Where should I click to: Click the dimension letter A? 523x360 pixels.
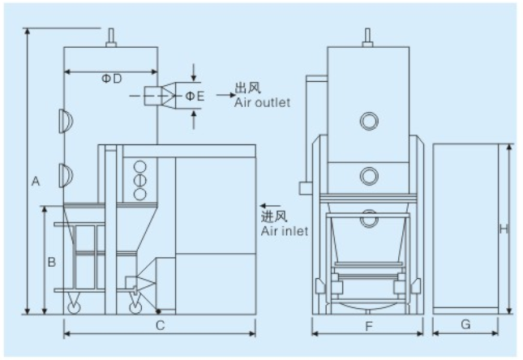(36, 182)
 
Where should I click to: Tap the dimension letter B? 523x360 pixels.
(51, 262)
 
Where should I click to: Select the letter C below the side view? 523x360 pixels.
(161, 325)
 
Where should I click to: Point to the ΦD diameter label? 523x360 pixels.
(111, 79)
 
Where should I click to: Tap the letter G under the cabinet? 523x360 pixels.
(465, 324)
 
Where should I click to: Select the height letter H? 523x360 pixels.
(503, 229)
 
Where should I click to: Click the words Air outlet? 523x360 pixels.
(262, 103)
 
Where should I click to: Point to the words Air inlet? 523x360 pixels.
(284, 232)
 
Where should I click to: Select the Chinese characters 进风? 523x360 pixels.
(274, 218)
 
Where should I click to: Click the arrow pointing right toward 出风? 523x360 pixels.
(223, 96)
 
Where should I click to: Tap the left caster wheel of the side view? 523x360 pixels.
(74, 306)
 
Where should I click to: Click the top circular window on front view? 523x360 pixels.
(369, 120)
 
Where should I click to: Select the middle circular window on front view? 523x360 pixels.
(369, 174)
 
